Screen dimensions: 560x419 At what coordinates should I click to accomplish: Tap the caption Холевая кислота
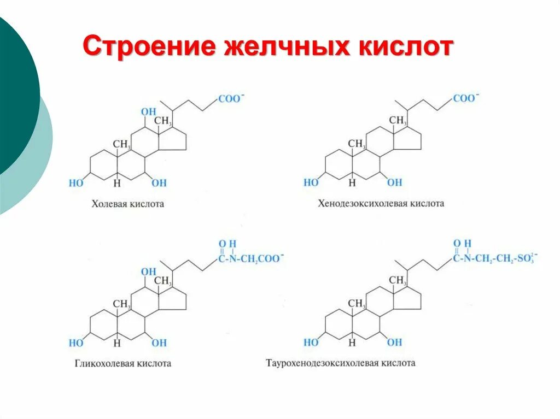tap(127, 204)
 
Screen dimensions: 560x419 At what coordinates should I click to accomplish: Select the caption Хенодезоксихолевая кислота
tap(381, 203)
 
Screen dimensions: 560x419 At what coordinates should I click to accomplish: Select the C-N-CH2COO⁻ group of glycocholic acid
tap(251, 258)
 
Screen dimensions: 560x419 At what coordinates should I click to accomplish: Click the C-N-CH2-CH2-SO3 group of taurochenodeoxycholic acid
tap(495, 258)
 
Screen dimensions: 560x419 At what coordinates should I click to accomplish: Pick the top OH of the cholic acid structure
tap(148, 112)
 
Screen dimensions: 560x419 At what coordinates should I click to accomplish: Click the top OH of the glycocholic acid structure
tap(148, 272)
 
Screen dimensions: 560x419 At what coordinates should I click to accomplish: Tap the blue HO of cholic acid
tap(76, 183)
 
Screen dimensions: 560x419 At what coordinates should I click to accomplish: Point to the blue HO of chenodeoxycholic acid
tap(311, 182)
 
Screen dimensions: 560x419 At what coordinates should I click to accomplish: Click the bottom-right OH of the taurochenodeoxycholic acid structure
tap(394, 343)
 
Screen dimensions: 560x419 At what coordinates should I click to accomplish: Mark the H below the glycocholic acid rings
tap(117, 343)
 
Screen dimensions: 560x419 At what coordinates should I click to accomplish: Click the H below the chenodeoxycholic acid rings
tap(352, 183)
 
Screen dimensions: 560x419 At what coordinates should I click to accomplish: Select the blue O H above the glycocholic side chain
tap(227, 244)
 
